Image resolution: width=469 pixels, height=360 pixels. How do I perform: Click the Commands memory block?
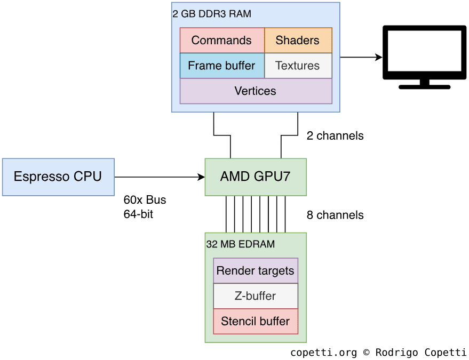pos(222,41)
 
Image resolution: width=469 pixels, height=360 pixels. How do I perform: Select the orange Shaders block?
pos(298,41)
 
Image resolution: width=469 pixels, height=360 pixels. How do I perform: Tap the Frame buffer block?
pos(222,66)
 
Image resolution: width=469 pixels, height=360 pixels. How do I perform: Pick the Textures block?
pos(298,66)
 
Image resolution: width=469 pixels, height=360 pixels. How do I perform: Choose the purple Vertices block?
pos(256,91)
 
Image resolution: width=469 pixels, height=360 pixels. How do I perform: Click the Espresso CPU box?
pos(58,177)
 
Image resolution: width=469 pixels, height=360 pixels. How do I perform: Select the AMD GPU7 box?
pos(256,177)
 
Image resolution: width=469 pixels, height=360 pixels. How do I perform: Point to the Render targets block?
pos(256,271)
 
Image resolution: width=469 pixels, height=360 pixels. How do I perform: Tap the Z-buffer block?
pos(256,296)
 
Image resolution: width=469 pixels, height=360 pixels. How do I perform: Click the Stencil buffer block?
pos(256,321)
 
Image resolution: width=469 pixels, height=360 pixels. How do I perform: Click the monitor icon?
pos(424,56)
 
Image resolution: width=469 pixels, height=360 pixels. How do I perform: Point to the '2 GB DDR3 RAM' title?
pos(212,14)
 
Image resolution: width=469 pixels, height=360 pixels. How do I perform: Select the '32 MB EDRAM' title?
pos(241,244)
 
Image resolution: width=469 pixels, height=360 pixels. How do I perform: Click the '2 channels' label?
pos(335,136)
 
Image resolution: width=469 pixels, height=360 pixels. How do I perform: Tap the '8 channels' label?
pos(335,215)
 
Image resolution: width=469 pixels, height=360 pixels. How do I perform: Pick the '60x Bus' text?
pos(145,201)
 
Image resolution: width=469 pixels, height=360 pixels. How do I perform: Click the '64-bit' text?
pos(138,215)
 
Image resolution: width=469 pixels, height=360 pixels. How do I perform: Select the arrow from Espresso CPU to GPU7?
pos(160,177)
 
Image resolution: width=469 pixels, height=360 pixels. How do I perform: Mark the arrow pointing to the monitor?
pos(361,57)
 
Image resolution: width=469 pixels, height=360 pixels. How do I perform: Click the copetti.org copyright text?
pos(378,353)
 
